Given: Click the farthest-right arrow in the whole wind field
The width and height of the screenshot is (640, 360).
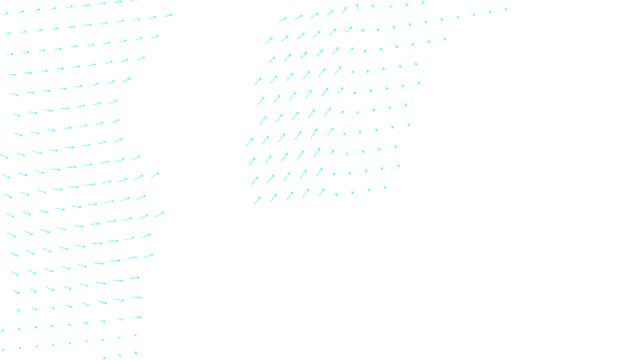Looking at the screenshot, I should pos(506,9).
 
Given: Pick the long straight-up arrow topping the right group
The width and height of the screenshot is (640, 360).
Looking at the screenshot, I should pos(357,7).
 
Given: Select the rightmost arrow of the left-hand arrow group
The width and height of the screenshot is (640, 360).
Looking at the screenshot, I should pos(168,16).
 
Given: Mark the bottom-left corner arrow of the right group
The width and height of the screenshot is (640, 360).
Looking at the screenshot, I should pos(257,200).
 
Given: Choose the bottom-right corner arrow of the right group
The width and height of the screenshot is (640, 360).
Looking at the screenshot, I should pos(384,187).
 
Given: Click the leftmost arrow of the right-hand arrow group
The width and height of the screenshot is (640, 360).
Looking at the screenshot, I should pos(249,142).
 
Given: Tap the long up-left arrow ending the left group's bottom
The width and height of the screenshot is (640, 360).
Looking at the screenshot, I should pos(136,353).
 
